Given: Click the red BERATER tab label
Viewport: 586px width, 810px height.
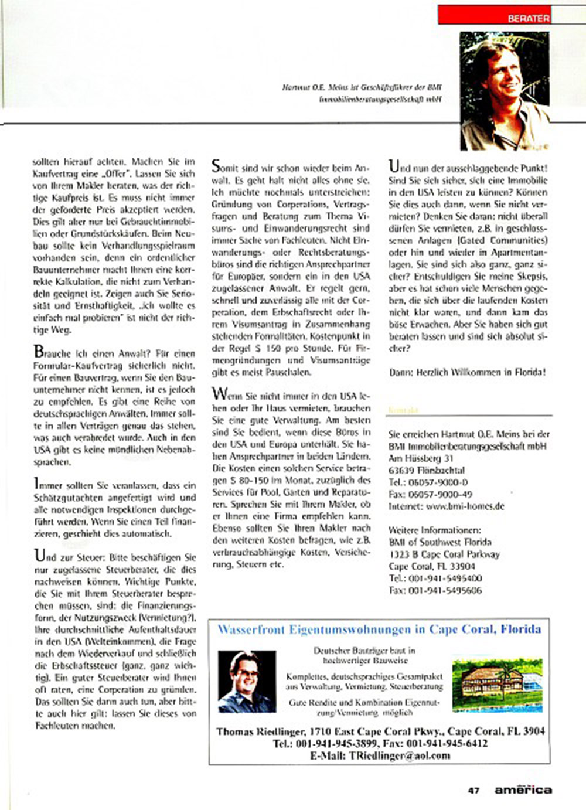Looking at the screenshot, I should tap(528, 18).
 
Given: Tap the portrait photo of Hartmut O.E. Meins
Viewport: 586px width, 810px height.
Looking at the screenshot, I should tap(505, 91).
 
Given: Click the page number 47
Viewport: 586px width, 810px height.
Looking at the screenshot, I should tap(473, 790).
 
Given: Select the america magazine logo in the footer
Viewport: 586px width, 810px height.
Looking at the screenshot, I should tap(523, 789).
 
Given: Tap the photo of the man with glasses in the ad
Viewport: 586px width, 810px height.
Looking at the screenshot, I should tap(247, 681).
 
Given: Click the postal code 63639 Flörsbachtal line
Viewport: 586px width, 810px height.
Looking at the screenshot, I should tap(427, 470).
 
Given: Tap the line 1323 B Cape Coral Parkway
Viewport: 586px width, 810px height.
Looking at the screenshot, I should tap(444, 554).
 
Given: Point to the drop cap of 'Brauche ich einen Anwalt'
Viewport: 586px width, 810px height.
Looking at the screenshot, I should tap(39, 352).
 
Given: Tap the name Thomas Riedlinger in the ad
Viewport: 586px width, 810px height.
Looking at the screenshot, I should tap(261, 731).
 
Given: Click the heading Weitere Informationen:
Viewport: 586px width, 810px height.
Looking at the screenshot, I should tap(435, 530).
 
